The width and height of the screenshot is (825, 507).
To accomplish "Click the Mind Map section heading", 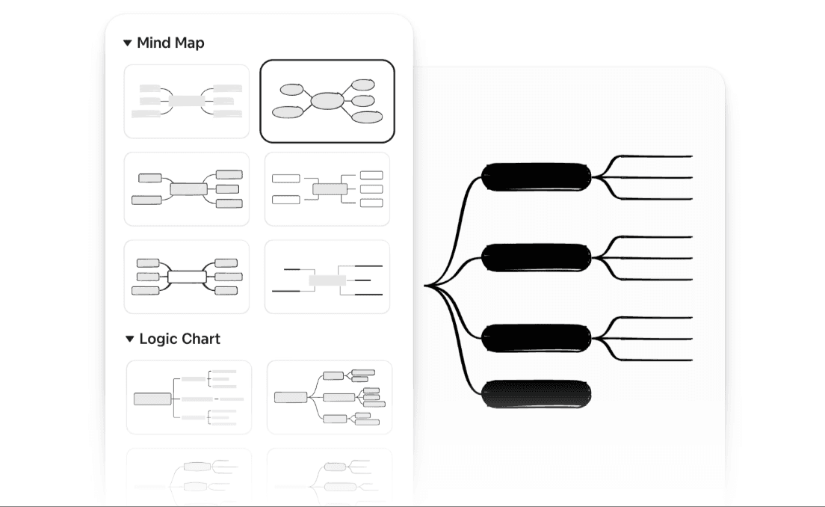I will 170,43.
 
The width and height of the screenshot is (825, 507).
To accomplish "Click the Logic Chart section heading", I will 179,339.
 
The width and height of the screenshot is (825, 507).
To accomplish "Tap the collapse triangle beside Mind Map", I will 128,43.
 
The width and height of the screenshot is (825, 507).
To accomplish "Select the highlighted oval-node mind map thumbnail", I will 327,101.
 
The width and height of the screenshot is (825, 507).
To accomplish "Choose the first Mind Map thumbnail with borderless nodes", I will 187,101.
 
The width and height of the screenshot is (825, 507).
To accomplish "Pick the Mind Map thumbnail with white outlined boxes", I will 327,189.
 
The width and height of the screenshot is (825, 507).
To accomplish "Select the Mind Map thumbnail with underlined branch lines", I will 327,277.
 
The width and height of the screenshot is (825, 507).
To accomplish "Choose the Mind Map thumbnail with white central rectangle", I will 187,277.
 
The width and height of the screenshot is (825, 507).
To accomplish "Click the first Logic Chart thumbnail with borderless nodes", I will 189,397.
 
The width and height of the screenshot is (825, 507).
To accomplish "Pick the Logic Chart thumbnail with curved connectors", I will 330,397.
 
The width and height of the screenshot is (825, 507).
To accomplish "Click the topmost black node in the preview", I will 537,177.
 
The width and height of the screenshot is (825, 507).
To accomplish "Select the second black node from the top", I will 537,258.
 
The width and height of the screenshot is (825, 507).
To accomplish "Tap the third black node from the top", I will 537,338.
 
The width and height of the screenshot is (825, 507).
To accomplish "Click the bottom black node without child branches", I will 537,394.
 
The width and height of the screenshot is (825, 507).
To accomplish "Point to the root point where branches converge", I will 426,285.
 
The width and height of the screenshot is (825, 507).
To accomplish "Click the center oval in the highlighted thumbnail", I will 327,100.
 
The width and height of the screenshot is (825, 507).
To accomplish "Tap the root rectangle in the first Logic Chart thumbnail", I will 152,399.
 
